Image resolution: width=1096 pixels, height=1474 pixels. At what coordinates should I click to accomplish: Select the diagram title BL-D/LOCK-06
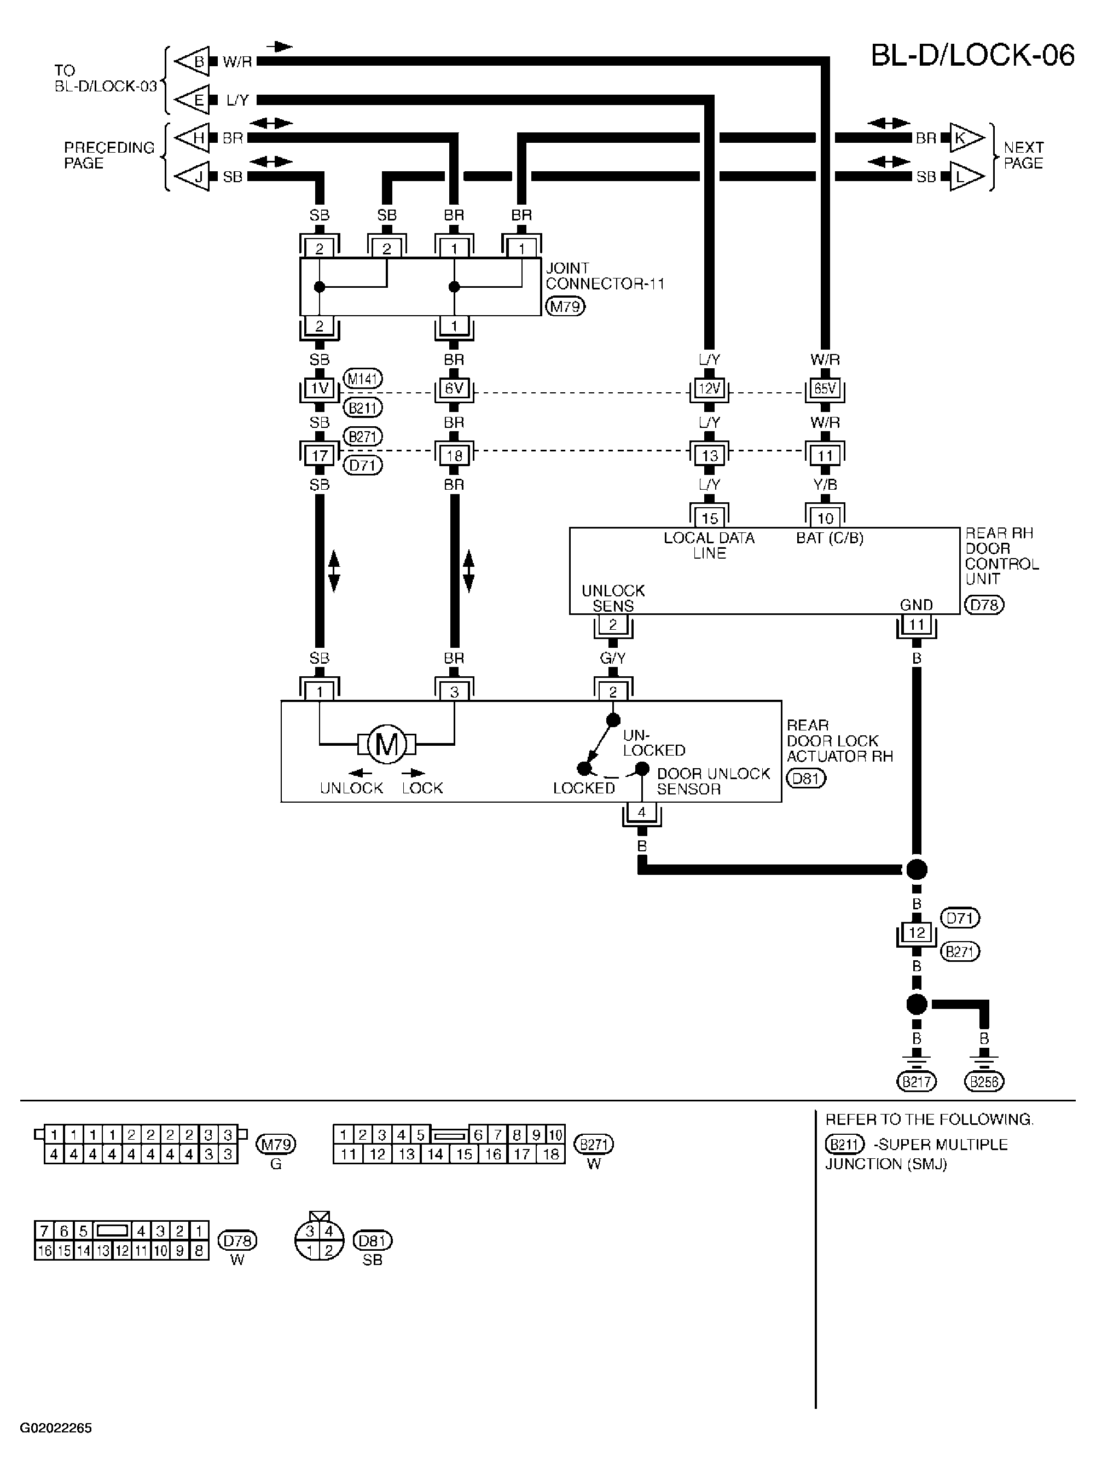pyautogui.click(x=972, y=55)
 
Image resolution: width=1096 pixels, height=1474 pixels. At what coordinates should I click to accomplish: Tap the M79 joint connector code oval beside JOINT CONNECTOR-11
pyautogui.click(x=565, y=306)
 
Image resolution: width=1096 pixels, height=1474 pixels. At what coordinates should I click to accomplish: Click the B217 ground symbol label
pyautogui.click(x=916, y=1082)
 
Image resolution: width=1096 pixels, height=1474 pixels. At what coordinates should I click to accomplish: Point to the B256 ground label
pyautogui.click(x=984, y=1082)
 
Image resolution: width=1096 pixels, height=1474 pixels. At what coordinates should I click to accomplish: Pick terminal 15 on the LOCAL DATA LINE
pyautogui.click(x=709, y=518)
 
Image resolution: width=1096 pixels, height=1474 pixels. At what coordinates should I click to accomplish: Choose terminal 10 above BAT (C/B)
pyautogui.click(x=825, y=518)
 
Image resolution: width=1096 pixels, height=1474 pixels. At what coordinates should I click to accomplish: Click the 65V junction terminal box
pyautogui.click(x=825, y=388)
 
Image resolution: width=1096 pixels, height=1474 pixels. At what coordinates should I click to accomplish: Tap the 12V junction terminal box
pyautogui.click(x=709, y=388)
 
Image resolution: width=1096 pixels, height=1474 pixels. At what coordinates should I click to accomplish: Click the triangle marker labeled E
pyautogui.click(x=194, y=100)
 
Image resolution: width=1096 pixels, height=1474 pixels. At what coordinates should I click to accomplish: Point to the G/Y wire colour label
pyautogui.click(x=612, y=658)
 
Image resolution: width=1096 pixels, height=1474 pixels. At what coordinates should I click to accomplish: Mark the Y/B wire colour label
pyautogui.click(x=825, y=485)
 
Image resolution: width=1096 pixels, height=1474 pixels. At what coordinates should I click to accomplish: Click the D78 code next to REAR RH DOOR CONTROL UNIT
pyautogui.click(x=984, y=605)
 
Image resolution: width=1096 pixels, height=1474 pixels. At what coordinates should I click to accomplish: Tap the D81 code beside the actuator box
pyautogui.click(x=806, y=778)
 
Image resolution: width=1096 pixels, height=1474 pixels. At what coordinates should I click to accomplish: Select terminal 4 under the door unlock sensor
pyautogui.click(x=641, y=811)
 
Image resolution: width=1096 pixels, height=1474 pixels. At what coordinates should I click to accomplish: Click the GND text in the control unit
pyautogui.click(x=916, y=605)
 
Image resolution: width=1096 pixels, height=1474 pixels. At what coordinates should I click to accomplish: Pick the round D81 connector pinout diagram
pyautogui.click(x=319, y=1240)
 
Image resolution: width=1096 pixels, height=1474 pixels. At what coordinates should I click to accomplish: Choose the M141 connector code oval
pyautogui.click(x=363, y=379)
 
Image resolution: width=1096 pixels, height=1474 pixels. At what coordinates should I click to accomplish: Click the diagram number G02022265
pyautogui.click(x=56, y=1427)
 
